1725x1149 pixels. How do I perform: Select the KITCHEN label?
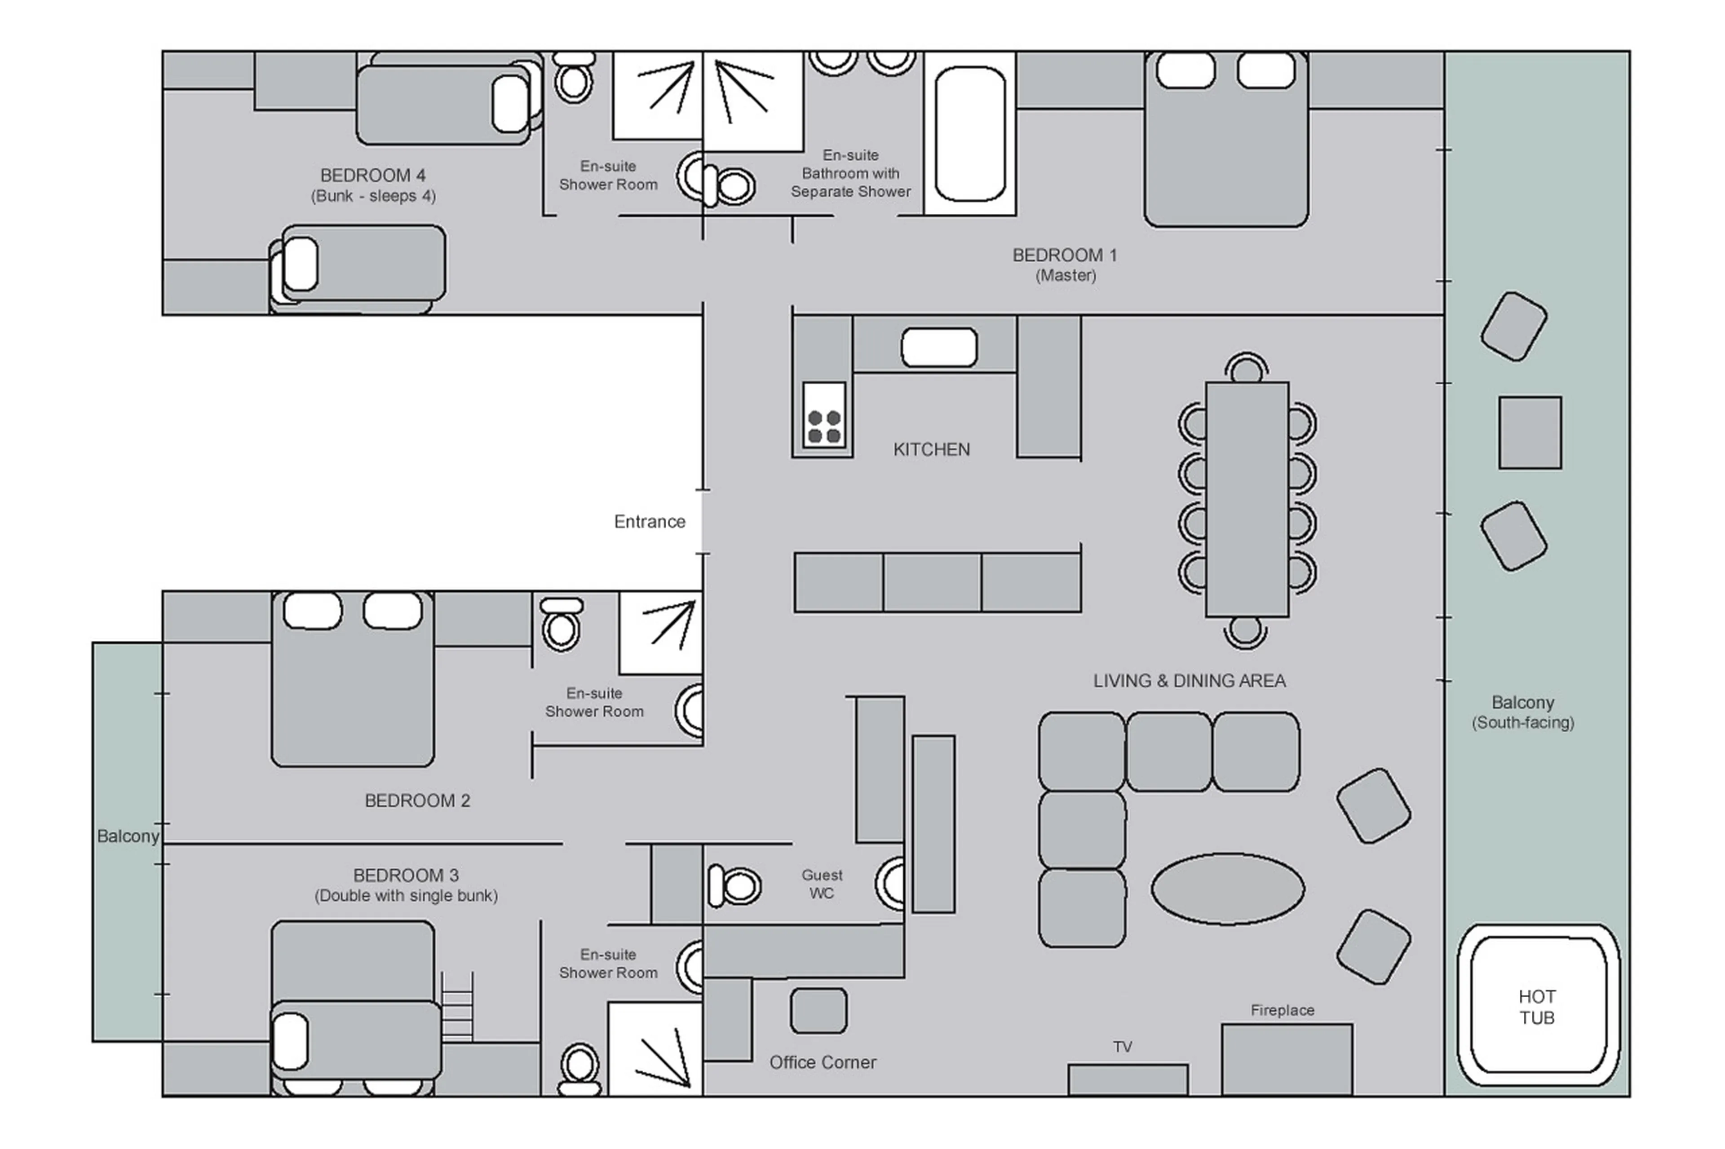[931, 449]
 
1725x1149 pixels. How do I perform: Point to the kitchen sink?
[938, 348]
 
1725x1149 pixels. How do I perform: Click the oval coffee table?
[1227, 888]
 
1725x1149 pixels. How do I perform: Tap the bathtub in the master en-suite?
[969, 133]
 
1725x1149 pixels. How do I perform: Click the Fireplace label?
[1282, 1010]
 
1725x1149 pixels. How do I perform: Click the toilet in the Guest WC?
[735, 886]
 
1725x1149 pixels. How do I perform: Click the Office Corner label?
[823, 1062]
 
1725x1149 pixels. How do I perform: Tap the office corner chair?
[818, 1011]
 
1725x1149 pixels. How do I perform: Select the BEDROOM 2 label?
[417, 800]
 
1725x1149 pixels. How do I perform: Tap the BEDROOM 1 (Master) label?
[1065, 264]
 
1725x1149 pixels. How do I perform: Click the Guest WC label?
[822, 884]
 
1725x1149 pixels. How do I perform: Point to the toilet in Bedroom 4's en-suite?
[573, 79]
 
